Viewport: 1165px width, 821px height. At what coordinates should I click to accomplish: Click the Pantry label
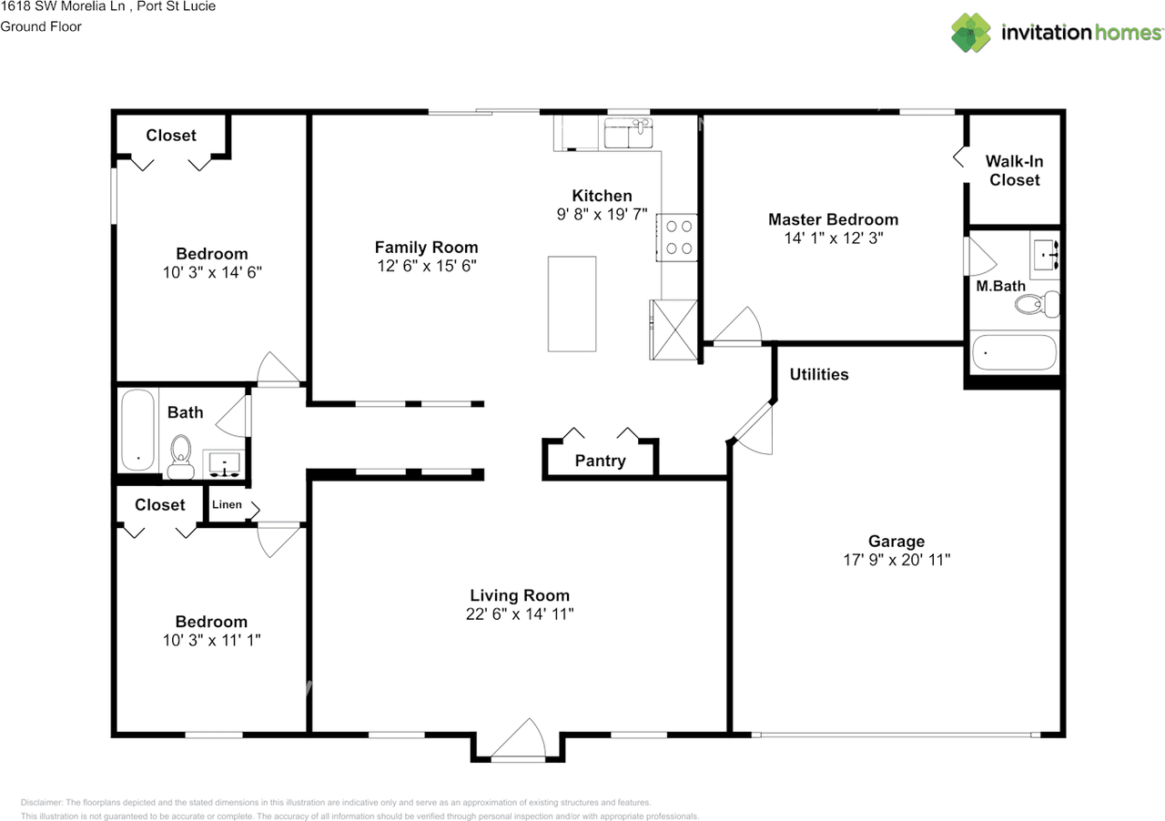pos(600,461)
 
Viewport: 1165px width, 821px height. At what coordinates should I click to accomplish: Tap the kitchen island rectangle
pos(572,304)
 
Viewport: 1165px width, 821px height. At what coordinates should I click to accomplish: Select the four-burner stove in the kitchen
pos(676,238)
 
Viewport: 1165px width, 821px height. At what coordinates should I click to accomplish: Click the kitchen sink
pos(628,133)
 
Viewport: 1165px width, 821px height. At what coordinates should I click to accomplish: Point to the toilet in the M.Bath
pos(1037,304)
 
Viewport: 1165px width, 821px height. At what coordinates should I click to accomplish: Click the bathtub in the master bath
pos(1014,352)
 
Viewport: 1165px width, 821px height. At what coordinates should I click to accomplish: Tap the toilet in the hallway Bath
pos(180,456)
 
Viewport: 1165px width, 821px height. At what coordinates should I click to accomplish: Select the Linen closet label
pos(227,504)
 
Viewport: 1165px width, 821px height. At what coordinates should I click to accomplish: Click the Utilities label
pos(819,374)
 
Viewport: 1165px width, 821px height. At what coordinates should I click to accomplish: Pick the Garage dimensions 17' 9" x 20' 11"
pos(897,560)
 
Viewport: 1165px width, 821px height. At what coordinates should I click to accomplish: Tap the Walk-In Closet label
pos(1014,170)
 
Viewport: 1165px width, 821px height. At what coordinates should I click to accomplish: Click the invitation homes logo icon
pos(971,33)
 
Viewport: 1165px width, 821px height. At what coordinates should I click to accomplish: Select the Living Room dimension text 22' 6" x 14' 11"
pos(520,613)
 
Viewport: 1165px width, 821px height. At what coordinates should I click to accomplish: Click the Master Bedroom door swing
pos(737,325)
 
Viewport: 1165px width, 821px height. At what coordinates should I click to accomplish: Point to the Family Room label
pos(427,248)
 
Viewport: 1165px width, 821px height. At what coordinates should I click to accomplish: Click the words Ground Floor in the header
pos(41,26)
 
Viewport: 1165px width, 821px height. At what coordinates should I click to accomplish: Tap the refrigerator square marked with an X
pos(674,329)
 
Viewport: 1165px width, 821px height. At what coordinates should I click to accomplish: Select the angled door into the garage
pos(753,428)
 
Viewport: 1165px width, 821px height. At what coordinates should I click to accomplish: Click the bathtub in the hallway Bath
pos(137,430)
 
